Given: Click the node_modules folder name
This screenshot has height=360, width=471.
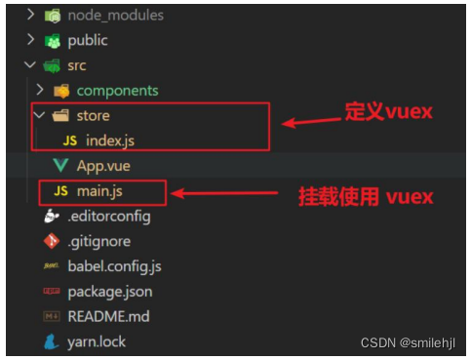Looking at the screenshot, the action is pos(115,15).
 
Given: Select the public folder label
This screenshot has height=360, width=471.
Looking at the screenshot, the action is pos(87,40).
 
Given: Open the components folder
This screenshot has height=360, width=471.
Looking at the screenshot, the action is pos(117,91).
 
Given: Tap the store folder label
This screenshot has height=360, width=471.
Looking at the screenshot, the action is pos(93,116).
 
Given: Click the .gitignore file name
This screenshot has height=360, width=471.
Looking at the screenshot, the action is pos(98,241).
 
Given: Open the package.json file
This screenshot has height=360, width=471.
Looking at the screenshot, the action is pos(109,292).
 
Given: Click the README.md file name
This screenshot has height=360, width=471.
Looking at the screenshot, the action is pos(109,317).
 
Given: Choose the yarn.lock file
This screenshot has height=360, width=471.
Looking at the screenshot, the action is pos(97,342).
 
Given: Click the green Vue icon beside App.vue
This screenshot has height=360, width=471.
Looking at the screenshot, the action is pos(60,166).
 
